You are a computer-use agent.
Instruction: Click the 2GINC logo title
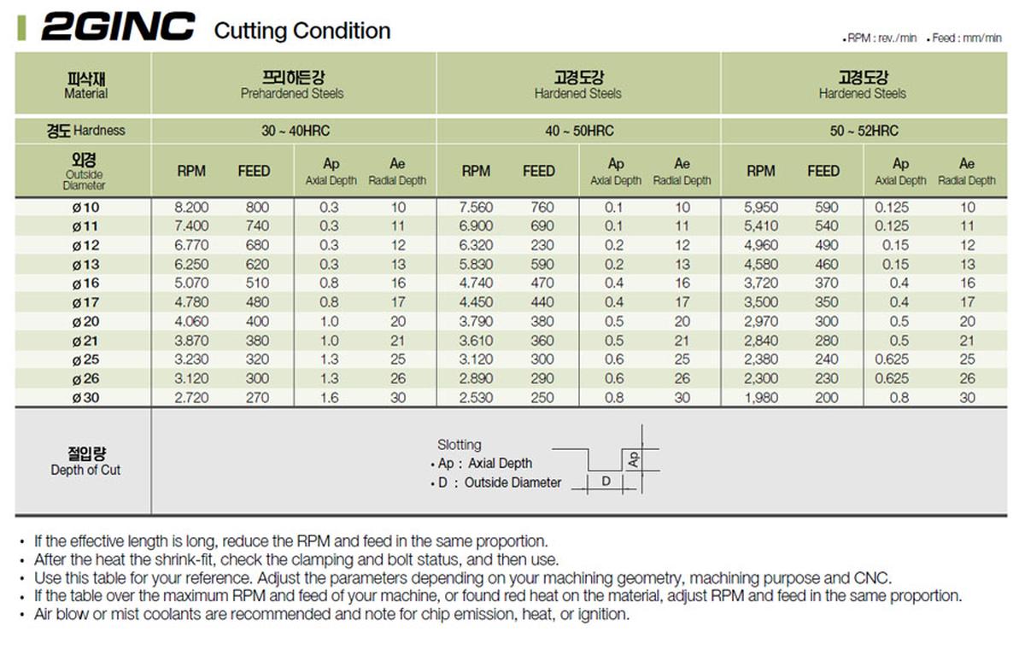tap(118, 28)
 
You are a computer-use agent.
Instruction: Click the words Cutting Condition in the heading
tap(302, 32)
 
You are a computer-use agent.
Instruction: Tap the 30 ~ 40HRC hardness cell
tap(292, 131)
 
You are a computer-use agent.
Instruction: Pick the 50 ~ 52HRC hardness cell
tap(863, 131)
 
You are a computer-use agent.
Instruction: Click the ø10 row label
tap(85, 208)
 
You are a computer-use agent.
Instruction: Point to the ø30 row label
tap(85, 398)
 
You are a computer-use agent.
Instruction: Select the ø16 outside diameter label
tap(85, 284)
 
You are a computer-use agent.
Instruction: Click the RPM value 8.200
tap(190, 208)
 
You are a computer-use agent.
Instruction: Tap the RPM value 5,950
tap(760, 208)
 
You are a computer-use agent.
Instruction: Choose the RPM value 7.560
tap(476, 208)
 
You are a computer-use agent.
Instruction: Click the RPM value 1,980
tap(760, 398)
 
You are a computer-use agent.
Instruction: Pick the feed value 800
tap(256, 208)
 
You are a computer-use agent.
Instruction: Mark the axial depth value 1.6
tap(329, 398)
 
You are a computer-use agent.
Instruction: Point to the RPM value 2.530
tap(476, 398)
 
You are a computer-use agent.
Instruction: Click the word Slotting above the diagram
tap(459, 445)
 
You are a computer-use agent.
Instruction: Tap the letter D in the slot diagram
tap(606, 482)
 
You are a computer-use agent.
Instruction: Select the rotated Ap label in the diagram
tap(633, 459)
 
